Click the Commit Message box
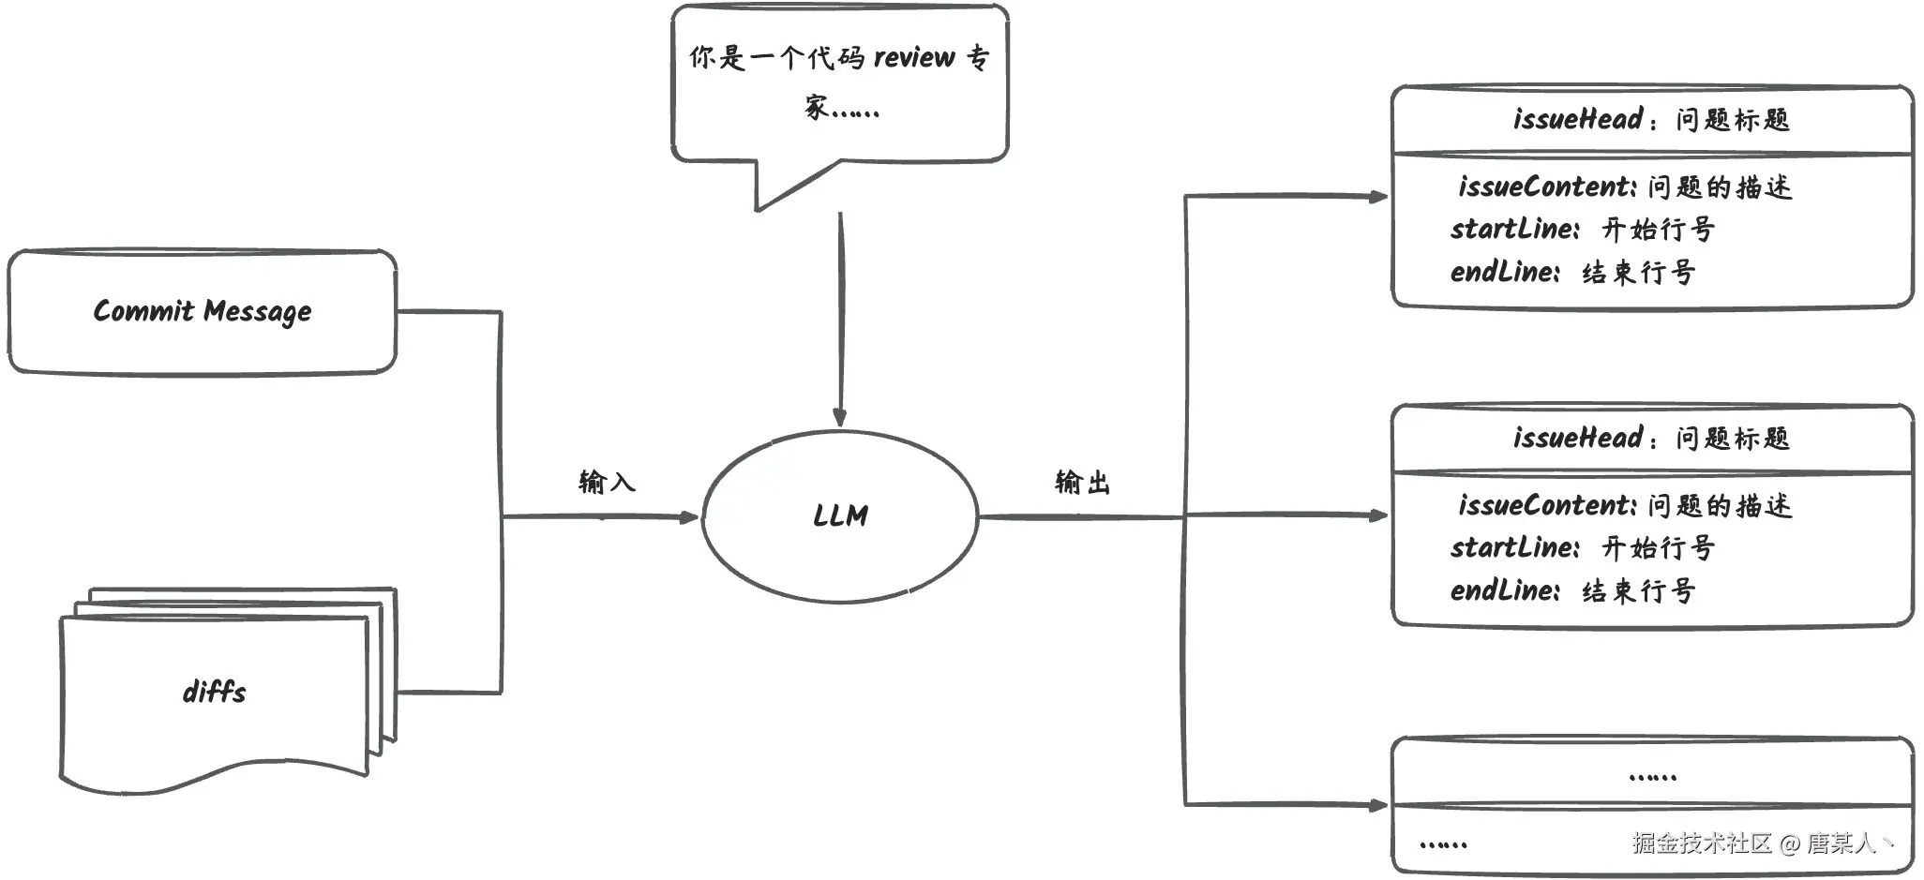203,312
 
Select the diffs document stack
229,691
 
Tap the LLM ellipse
840,516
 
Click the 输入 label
607,482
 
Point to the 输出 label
1082,482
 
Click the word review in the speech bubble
914,57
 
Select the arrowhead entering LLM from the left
690,516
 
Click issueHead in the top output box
1578,119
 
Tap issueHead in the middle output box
1578,438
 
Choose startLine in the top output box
1514,229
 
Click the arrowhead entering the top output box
1379,197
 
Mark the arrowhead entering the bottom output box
1379,804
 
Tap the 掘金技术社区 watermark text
1702,843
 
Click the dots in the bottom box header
1653,777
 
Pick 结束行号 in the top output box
1639,273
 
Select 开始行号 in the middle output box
1658,547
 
